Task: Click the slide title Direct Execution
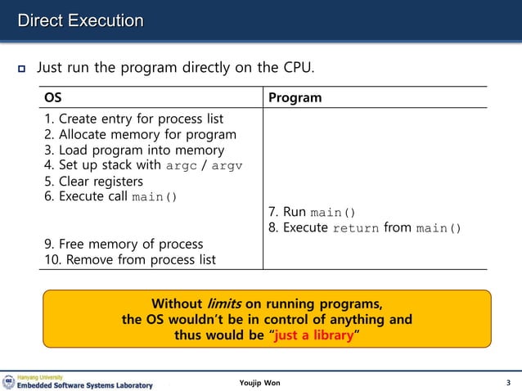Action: [81, 20]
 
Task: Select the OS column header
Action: [52, 97]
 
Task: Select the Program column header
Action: [295, 97]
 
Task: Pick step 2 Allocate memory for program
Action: [140, 134]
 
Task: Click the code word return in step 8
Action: [356, 228]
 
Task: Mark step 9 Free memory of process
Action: [123, 244]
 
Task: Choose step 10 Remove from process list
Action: [129, 259]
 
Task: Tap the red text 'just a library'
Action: [314, 335]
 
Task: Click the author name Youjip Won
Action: [260, 383]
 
